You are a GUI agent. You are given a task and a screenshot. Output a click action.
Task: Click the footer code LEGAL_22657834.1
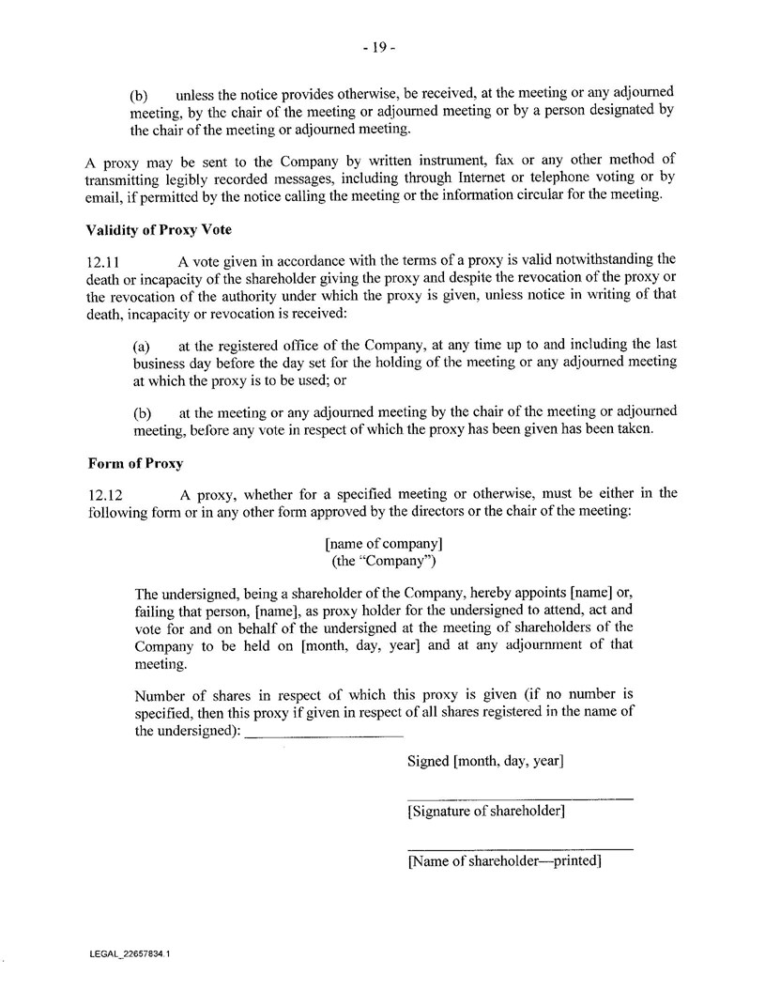[130, 952]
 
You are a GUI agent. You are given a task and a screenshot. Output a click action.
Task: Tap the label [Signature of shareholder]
[485, 811]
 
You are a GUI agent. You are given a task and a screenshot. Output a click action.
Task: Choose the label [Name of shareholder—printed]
[504, 860]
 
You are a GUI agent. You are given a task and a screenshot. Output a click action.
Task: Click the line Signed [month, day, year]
[485, 761]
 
